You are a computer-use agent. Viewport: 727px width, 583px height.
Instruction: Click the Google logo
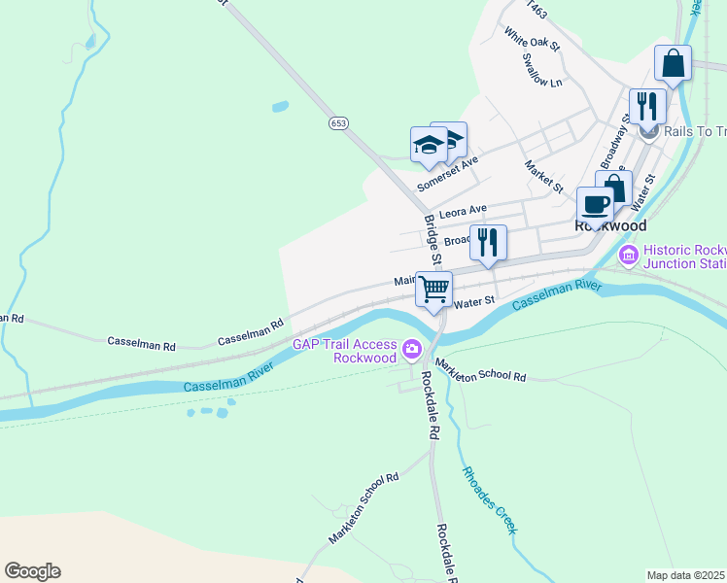pyautogui.click(x=32, y=571)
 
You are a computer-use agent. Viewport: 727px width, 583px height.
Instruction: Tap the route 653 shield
pyautogui.click(x=337, y=123)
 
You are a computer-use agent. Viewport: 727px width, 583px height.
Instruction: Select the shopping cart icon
pyautogui.click(x=434, y=289)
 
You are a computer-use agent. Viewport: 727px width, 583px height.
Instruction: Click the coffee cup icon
pyautogui.click(x=595, y=205)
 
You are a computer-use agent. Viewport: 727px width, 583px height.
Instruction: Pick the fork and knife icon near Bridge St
pyautogui.click(x=488, y=242)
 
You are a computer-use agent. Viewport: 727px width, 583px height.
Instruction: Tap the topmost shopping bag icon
pyautogui.click(x=673, y=64)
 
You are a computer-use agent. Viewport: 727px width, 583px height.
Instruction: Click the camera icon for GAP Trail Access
pyautogui.click(x=412, y=348)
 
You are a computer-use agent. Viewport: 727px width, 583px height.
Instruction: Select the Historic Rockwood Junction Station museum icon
pyautogui.click(x=628, y=257)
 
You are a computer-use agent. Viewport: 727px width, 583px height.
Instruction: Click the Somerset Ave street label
pyautogui.click(x=448, y=175)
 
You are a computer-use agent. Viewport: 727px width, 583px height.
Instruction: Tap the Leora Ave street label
pyautogui.click(x=463, y=211)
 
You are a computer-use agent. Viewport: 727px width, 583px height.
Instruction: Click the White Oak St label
pyautogui.click(x=532, y=39)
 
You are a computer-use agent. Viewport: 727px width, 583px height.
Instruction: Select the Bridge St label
pyautogui.click(x=433, y=240)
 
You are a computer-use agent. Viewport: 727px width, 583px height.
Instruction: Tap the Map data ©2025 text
pyautogui.click(x=685, y=575)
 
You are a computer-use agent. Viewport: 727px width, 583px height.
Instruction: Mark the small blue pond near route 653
pyautogui.click(x=280, y=106)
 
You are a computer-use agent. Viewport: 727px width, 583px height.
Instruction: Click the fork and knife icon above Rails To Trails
pyautogui.click(x=646, y=106)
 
